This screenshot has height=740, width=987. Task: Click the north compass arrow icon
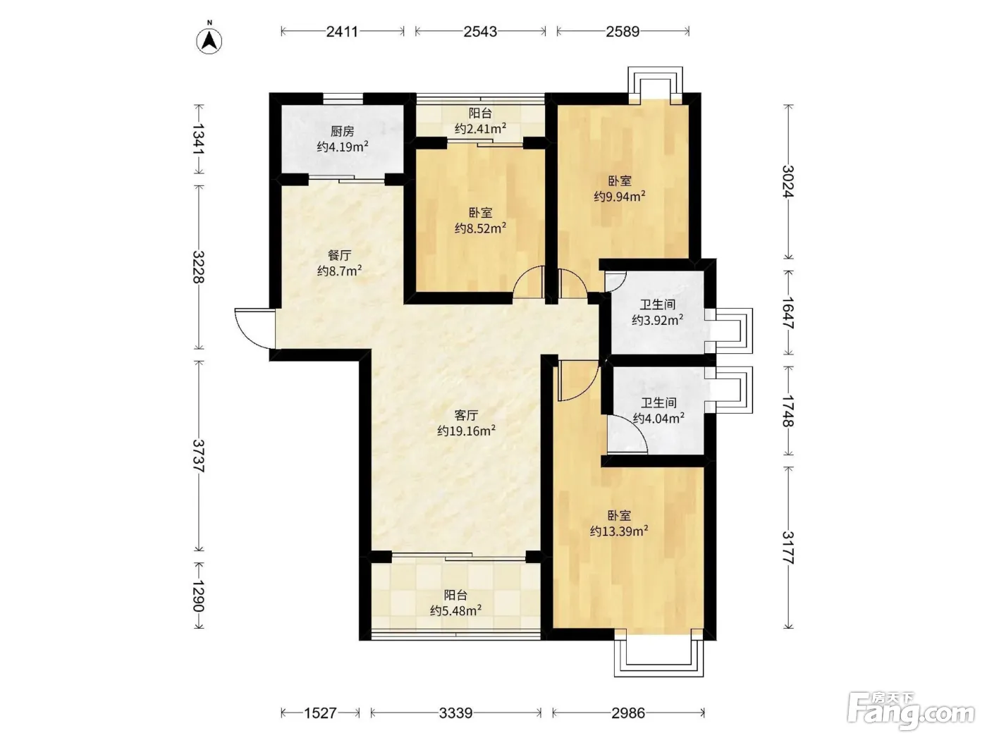point(209,41)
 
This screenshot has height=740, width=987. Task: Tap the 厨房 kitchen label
point(342,131)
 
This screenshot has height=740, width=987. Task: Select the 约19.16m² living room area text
point(466,431)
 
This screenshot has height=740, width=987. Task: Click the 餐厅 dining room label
point(340,255)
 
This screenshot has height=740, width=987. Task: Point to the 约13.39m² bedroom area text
point(619,531)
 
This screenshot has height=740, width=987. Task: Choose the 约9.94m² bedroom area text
point(620,197)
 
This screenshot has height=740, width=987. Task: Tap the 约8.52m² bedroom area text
point(480,228)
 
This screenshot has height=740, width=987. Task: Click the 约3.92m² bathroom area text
point(657,320)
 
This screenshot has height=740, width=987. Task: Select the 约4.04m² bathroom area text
point(658,418)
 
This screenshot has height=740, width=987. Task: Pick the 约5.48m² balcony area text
point(456,610)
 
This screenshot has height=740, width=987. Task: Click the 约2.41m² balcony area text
point(480,128)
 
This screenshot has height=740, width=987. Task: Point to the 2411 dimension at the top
point(342,32)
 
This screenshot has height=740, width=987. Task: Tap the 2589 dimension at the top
point(623,32)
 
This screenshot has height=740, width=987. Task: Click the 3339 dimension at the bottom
point(455,713)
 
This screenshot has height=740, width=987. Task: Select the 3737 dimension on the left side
point(198,455)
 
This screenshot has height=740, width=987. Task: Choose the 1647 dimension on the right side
point(788,313)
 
